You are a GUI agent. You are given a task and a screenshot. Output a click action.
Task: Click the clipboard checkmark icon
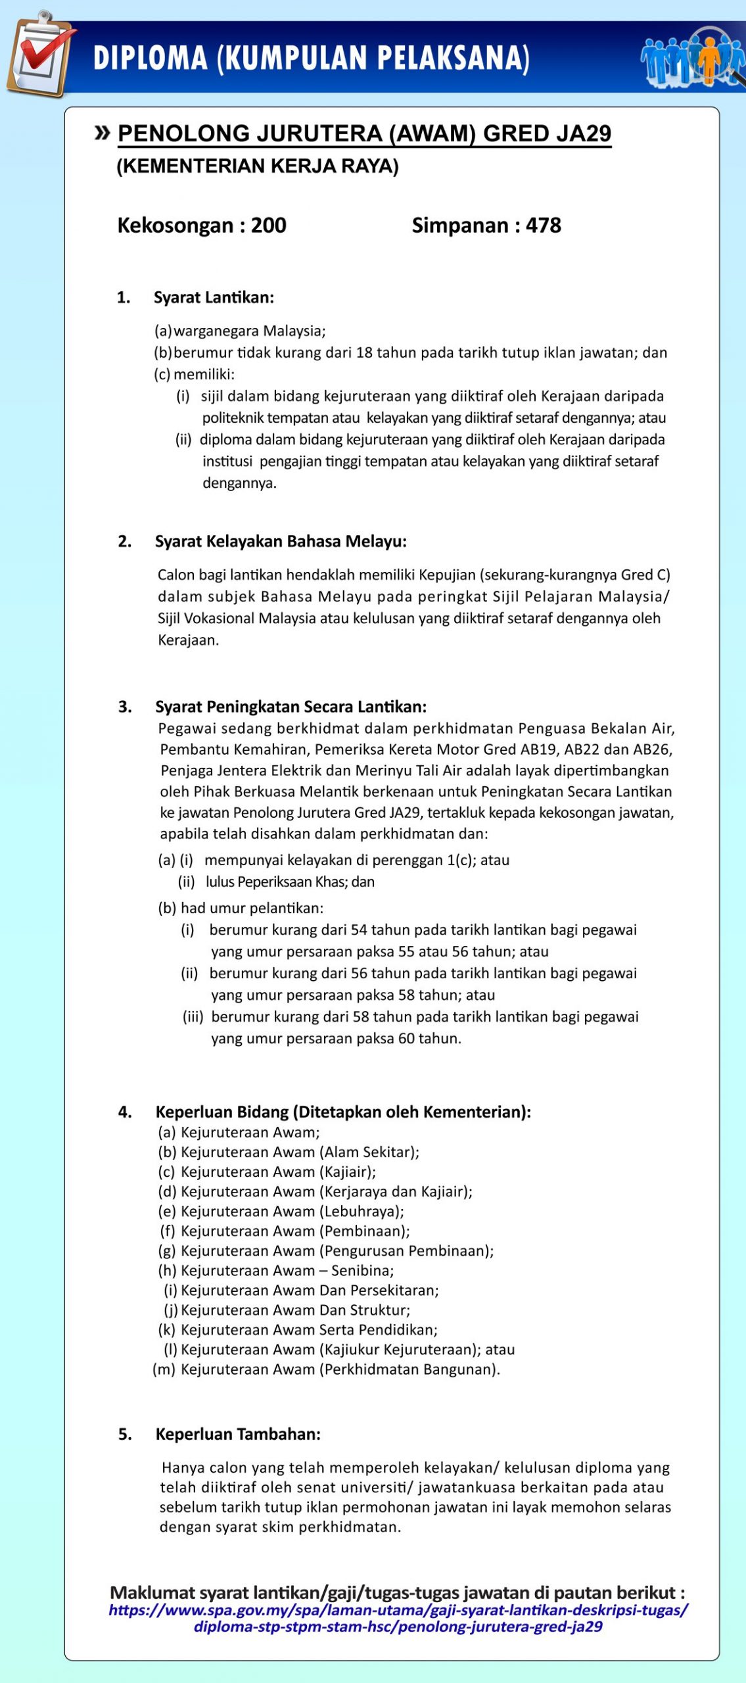pyautogui.click(x=39, y=54)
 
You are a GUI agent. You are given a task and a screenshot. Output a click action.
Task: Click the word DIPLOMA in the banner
pyautogui.click(x=151, y=58)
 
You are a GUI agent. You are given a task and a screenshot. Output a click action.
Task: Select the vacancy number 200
pyautogui.click(x=268, y=225)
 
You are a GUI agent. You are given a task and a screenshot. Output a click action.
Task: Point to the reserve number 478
pyautogui.click(x=543, y=225)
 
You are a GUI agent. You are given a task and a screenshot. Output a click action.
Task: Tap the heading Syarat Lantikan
pyautogui.click(x=214, y=298)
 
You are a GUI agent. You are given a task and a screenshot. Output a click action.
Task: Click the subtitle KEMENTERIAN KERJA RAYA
pyautogui.click(x=258, y=166)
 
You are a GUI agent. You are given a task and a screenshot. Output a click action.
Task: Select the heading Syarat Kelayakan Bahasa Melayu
pyautogui.click(x=281, y=542)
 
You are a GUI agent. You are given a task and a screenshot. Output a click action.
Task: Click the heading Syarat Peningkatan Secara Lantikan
pyautogui.click(x=291, y=707)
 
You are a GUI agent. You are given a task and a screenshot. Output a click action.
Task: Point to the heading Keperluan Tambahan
pyautogui.click(x=238, y=1434)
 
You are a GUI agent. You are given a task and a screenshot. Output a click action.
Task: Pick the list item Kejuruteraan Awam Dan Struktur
pyautogui.click(x=295, y=1310)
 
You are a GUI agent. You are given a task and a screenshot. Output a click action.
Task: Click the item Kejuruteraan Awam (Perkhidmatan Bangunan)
pyautogui.click(x=340, y=1369)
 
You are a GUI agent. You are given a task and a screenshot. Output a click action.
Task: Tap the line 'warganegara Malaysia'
pyautogui.click(x=249, y=331)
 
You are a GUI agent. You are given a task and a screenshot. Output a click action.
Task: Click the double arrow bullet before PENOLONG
pyautogui.click(x=102, y=133)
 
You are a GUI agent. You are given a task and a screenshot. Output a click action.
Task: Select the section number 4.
pyautogui.click(x=125, y=1112)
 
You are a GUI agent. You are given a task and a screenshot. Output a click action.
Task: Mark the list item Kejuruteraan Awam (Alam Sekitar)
pyautogui.click(x=299, y=1152)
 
